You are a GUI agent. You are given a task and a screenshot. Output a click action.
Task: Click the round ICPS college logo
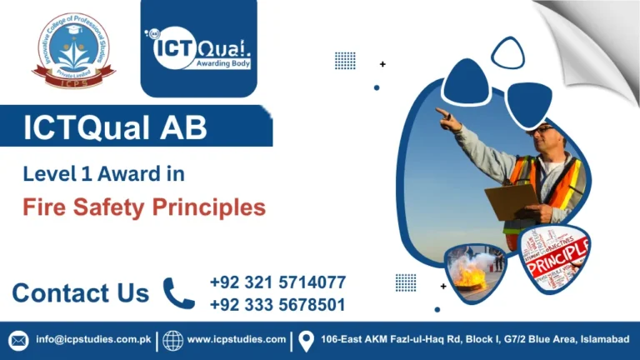[x=73, y=51]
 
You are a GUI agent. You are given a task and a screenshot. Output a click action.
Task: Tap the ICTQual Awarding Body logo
[x=198, y=51]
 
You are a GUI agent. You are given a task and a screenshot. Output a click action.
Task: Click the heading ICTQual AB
[x=115, y=128]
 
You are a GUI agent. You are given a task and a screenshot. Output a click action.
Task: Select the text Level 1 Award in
[x=103, y=174]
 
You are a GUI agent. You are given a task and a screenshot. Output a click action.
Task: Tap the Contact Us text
[x=80, y=293]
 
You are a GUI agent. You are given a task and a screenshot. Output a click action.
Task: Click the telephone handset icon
[x=178, y=293]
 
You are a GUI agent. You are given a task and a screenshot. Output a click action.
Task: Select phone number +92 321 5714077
[x=277, y=282]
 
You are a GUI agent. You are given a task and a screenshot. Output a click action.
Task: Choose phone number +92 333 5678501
[x=277, y=305]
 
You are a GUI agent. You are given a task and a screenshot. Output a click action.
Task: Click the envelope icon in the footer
[x=18, y=340]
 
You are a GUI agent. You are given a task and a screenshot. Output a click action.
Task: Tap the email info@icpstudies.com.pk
[x=92, y=340]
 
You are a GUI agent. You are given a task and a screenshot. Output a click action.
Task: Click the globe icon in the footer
[x=172, y=340]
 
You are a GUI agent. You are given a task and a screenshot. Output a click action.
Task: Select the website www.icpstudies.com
[x=237, y=340]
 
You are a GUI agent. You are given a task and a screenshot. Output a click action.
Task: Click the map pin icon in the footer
[x=306, y=340]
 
